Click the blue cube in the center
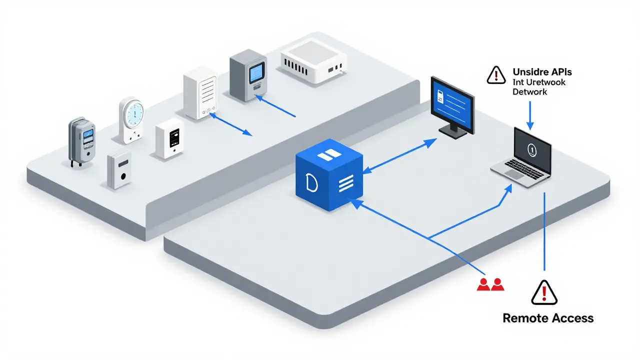click(x=328, y=174)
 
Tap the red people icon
click(x=490, y=284)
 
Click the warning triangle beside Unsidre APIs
click(x=496, y=74)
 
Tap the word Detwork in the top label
click(x=530, y=92)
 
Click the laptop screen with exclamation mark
click(x=532, y=148)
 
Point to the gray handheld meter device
click(x=82, y=141)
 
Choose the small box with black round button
click(x=119, y=170)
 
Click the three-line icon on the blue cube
click(x=345, y=185)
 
